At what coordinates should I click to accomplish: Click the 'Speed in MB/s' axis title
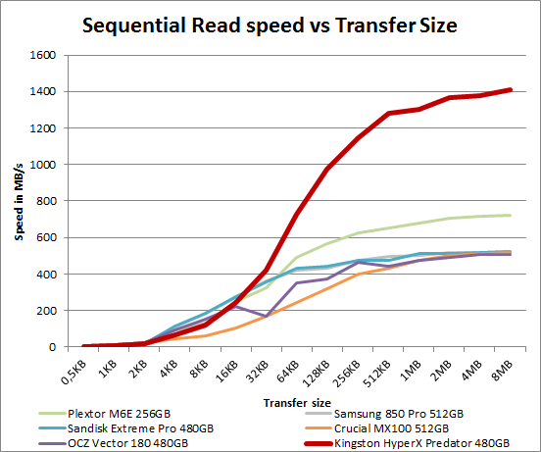17,201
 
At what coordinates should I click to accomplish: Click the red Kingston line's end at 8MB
509,89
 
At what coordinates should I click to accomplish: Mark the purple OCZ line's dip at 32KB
267,316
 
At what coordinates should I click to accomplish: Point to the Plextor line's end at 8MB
509,215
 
